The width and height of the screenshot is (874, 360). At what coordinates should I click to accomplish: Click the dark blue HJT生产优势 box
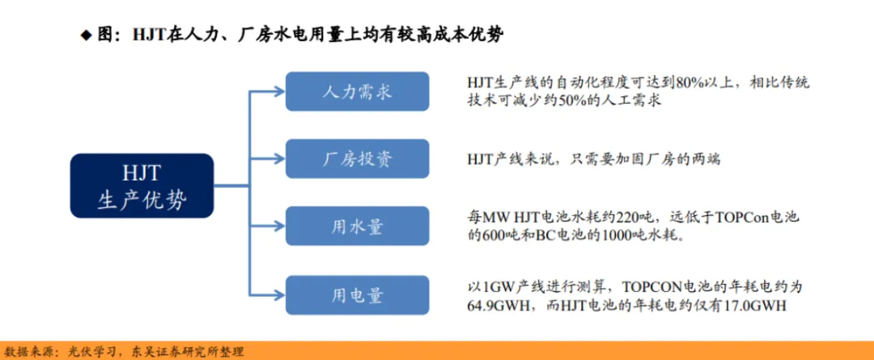click(142, 185)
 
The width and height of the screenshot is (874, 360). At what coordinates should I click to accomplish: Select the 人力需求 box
click(358, 91)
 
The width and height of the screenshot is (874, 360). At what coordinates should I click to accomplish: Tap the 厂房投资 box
click(358, 159)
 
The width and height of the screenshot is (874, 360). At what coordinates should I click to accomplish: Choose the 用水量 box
click(358, 227)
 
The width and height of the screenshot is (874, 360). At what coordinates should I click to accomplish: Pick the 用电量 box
click(358, 294)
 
